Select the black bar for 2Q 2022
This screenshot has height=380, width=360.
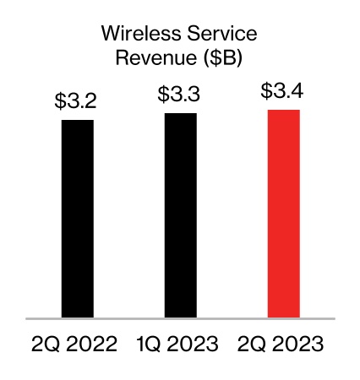[x=77, y=219]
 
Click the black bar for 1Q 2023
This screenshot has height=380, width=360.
[x=180, y=215]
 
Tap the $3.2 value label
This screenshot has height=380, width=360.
[x=77, y=103]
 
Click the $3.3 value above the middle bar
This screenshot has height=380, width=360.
[x=180, y=95]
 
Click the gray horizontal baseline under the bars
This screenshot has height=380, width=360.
[x=180, y=319]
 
